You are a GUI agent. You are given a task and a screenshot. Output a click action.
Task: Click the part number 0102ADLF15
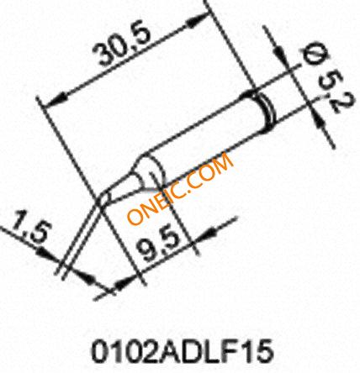tap(183, 350)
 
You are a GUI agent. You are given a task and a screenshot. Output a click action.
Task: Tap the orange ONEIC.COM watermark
tap(180, 188)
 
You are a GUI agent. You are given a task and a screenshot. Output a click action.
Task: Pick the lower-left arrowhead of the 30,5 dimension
tap(57, 100)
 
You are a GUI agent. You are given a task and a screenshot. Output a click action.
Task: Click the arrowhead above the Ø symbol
tap(281, 52)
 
